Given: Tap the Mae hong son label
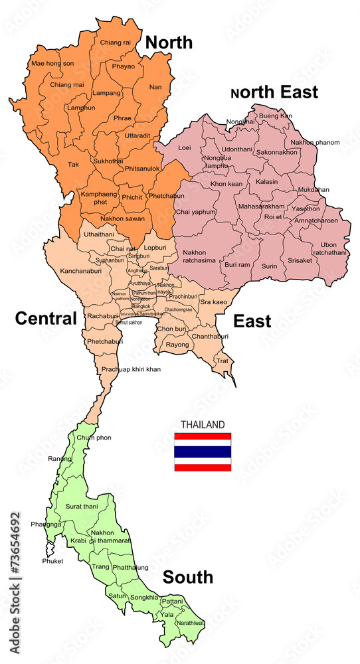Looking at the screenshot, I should coord(50,64).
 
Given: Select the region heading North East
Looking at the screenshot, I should coord(274,92).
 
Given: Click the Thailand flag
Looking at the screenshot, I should coord(203,452).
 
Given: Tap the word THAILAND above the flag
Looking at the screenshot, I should coord(203,424).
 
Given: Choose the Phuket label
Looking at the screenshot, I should coord(52,561).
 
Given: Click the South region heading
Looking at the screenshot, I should coord(188,576).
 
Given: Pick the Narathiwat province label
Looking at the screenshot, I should coord(191,623).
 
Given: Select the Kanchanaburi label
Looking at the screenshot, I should coord(80,272).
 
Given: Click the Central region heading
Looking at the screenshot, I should coord(46,318).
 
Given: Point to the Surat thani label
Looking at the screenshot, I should coord(82,507).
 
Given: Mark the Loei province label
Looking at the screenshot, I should coord(185,147).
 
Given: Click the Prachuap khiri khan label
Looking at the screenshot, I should coord(131,369).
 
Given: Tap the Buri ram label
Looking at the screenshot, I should coord(237,264).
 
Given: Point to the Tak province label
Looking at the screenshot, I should coord(73,164).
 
